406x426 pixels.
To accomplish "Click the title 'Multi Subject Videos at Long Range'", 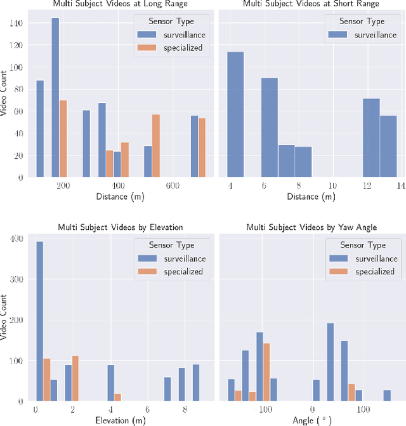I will (120, 4).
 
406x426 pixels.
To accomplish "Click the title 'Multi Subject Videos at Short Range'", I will (310, 4).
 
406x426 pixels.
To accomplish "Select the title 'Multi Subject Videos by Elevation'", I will (120, 227).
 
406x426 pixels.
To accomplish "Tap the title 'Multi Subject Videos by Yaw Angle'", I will (310, 227).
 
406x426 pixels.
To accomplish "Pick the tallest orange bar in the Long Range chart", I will (63, 138).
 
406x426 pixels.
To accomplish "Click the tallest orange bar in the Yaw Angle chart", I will (266, 372).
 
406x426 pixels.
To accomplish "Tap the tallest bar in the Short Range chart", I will (235, 114).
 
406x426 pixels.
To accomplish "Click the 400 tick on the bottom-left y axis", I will (16, 239).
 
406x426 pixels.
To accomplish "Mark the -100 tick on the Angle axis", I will (263, 409).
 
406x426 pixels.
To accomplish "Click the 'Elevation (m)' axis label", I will (120, 420).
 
